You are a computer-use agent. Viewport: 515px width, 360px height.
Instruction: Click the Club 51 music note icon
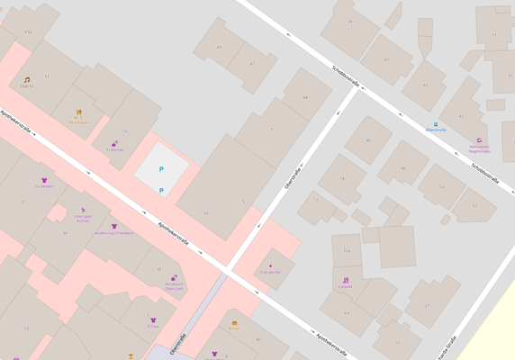(x=27, y=80)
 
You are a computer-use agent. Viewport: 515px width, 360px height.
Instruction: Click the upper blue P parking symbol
(x=161, y=169)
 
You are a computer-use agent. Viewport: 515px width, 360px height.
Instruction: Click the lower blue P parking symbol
(x=161, y=191)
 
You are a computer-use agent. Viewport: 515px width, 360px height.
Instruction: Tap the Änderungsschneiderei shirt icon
(x=114, y=226)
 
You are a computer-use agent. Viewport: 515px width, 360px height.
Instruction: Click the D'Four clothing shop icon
(x=153, y=319)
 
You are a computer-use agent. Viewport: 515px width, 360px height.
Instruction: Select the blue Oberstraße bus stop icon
(x=436, y=124)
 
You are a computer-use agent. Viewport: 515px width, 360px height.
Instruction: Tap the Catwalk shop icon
(x=346, y=281)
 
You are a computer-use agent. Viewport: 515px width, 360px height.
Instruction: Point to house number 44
(x=305, y=97)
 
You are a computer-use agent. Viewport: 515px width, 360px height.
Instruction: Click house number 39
(x=350, y=22)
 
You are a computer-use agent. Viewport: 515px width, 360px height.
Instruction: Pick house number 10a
(x=346, y=250)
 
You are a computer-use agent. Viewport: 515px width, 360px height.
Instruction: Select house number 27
(x=427, y=306)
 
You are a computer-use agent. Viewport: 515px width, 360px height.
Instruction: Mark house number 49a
(x=28, y=32)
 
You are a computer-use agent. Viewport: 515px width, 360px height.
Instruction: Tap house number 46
(x=368, y=140)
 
